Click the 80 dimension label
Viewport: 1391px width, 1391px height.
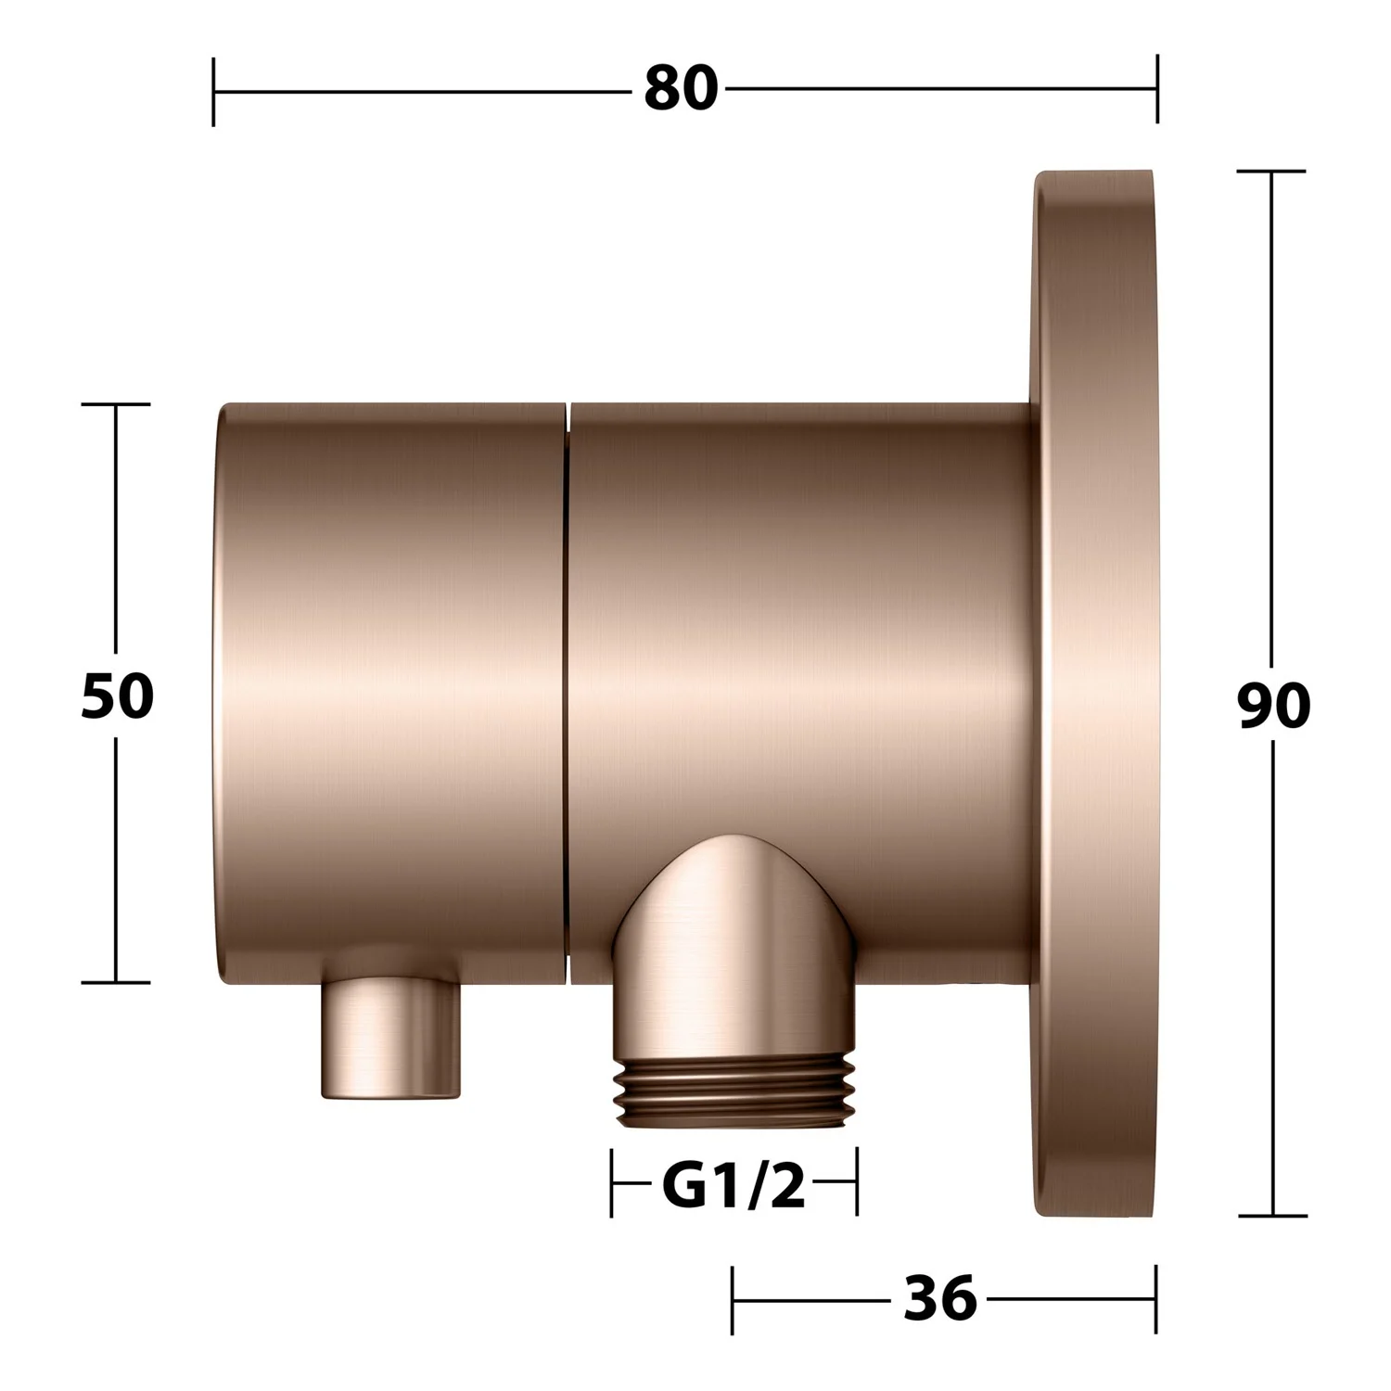click(682, 90)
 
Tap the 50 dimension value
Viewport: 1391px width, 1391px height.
click(117, 695)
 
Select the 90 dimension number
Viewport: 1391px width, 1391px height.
click(1273, 706)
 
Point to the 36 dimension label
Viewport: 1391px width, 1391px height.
click(940, 1298)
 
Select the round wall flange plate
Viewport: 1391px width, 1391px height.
click(1094, 694)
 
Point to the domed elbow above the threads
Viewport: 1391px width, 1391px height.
click(733, 946)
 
